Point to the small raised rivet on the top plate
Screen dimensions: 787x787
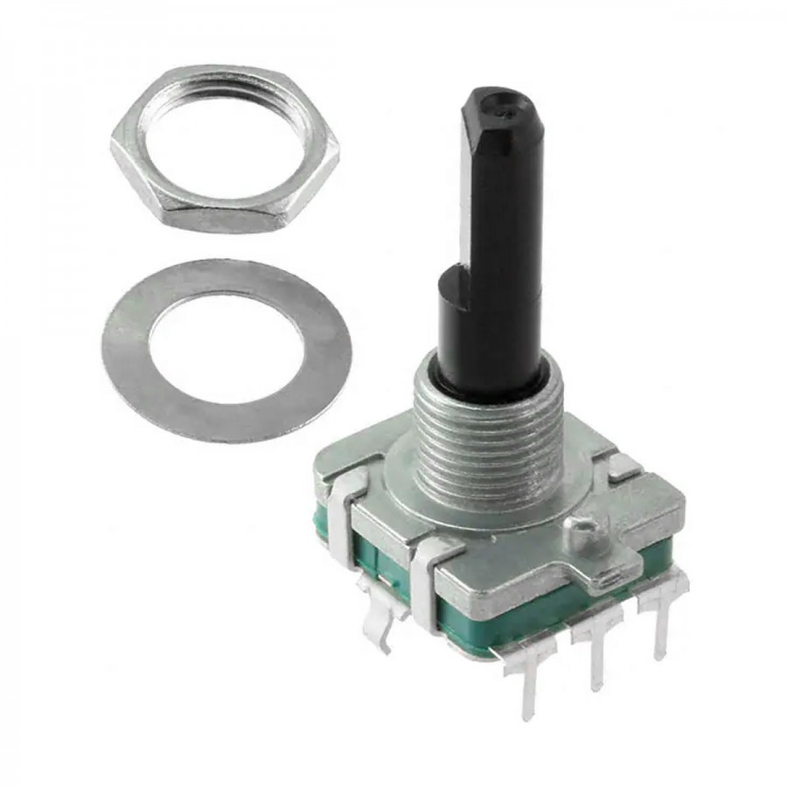coord(582,527)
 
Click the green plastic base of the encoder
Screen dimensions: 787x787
coord(490,616)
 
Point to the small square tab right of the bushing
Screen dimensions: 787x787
coord(623,468)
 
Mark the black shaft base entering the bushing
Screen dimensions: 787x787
coord(490,385)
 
